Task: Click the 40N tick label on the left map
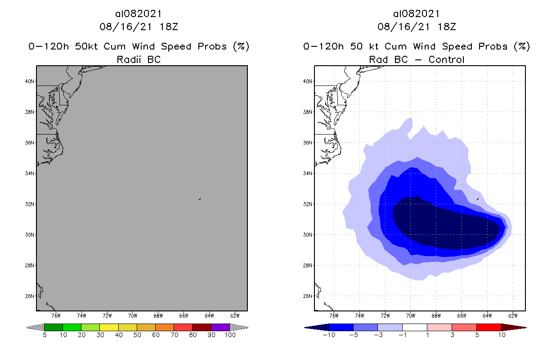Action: tap(30, 81)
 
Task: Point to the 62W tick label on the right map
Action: tap(513, 315)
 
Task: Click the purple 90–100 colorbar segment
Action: tap(220, 327)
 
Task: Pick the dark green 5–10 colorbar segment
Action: tap(54, 327)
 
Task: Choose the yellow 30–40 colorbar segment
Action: tap(109, 327)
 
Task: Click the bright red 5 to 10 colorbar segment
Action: tap(489, 327)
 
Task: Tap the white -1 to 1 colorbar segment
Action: tap(415, 327)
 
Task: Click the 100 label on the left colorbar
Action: tap(230, 335)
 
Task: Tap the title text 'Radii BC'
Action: tap(139, 59)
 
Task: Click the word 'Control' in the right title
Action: tap(446, 59)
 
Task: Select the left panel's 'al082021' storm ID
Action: tap(139, 14)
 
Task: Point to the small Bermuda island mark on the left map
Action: tap(199, 198)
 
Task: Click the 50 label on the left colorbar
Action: tap(137, 335)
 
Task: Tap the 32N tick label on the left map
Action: tap(30, 204)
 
